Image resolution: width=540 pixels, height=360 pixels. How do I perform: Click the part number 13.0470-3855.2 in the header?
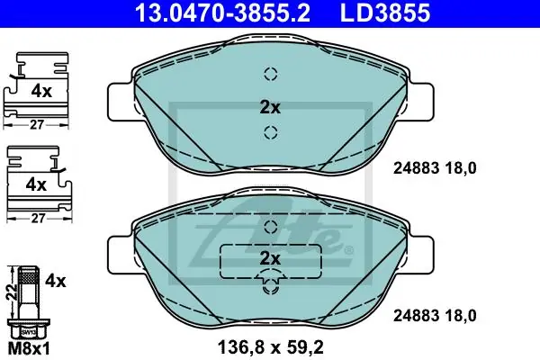tap(222, 13)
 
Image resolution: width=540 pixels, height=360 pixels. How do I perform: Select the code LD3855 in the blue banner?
tap(385, 13)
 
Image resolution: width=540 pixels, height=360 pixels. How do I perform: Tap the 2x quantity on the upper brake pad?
tap(270, 107)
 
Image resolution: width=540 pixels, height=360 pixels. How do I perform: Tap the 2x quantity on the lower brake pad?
tap(270, 258)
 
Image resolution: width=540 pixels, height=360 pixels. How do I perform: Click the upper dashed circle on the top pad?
tap(271, 74)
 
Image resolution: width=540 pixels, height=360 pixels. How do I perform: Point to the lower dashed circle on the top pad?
tap(271, 132)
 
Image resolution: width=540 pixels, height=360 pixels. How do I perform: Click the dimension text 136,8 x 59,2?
tap(270, 347)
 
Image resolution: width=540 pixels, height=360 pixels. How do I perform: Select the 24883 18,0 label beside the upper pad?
tap(435, 168)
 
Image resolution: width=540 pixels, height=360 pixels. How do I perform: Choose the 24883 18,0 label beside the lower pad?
tap(435, 316)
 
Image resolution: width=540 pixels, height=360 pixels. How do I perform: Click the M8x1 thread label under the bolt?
tap(29, 349)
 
